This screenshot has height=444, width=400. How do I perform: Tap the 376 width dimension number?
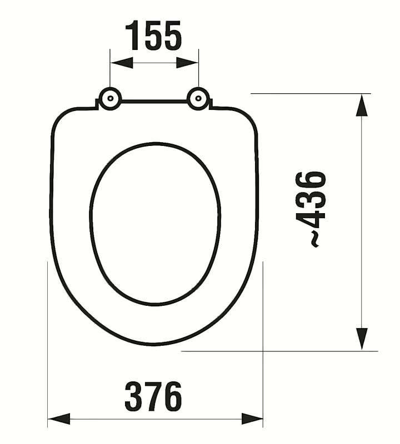click(153, 396)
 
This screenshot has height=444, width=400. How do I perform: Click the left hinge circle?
click(110, 99)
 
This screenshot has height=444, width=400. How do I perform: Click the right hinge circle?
click(198, 99)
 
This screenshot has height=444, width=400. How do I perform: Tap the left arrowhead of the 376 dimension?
click(59, 418)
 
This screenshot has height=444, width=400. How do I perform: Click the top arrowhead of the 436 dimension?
click(362, 105)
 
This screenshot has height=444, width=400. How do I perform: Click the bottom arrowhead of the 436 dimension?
click(362, 339)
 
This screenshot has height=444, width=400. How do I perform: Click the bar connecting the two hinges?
click(154, 102)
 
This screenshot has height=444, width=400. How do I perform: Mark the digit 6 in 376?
click(172, 396)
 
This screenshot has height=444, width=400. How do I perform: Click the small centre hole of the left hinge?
click(110, 99)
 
